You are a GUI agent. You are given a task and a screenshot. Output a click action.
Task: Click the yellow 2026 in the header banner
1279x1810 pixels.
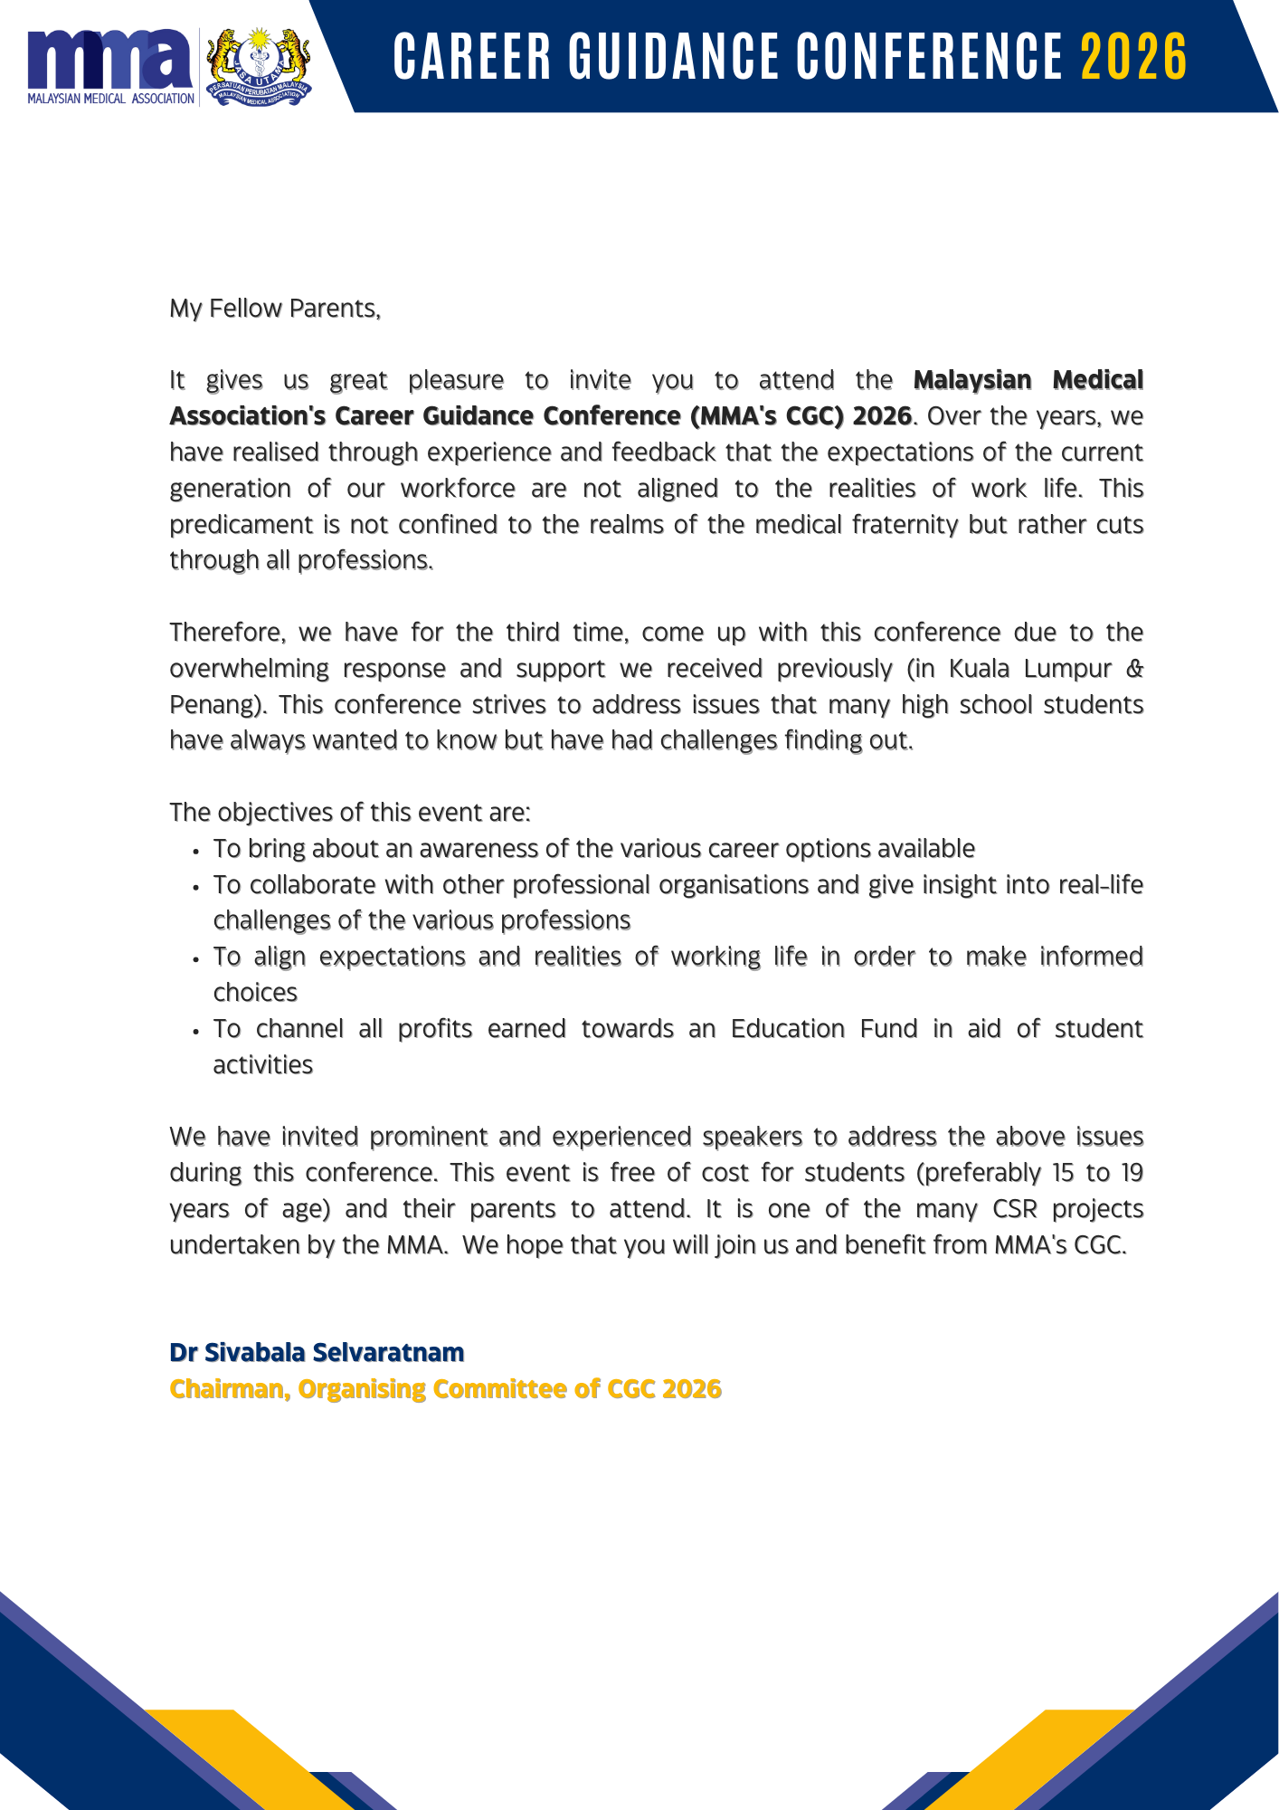point(1133,57)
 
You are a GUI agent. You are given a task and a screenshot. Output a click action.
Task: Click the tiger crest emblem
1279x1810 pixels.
point(259,65)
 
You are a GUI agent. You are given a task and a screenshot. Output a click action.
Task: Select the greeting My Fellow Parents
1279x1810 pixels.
point(275,309)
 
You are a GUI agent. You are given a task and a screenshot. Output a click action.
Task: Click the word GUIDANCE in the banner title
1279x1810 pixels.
point(674,57)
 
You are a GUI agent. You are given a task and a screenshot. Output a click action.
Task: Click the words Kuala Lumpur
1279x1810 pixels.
point(1029,668)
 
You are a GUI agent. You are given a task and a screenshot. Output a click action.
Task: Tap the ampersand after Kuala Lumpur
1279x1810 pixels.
point(1134,668)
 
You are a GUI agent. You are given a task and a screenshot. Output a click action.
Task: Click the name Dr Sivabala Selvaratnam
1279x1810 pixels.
point(317,1352)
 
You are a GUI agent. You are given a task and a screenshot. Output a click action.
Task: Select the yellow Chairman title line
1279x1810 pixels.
point(445,1388)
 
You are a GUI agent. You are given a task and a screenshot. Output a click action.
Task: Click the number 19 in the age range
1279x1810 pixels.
point(1132,1173)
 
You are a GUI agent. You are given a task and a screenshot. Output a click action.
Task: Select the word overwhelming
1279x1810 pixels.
point(249,668)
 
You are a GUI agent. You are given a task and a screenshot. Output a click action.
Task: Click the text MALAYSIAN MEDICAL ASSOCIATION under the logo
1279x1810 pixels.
point(110,99)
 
